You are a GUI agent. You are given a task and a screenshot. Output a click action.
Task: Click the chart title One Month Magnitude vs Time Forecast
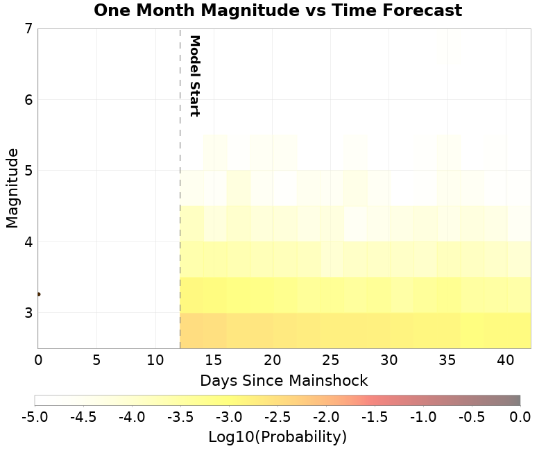(277, 10)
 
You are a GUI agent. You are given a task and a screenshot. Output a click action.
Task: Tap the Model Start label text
(195, 76)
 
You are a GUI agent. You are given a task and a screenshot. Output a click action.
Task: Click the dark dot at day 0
(38, 294)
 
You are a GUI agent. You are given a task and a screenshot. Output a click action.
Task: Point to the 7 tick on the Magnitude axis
(28, 29)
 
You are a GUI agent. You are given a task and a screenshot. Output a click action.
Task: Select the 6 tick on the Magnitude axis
(28, 100)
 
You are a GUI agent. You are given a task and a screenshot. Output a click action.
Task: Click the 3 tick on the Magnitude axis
(28, 313)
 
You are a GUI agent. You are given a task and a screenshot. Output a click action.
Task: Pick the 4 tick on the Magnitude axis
(28, 242)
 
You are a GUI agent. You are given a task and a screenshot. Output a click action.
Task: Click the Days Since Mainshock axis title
(284, 381)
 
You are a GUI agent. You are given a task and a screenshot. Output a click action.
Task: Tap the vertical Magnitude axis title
(12, 187)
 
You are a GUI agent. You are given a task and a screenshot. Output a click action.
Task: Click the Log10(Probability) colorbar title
(277, 437)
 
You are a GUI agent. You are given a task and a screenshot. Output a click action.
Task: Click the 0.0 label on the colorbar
(520, 417)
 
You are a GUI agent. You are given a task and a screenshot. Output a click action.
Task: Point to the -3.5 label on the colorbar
(180, 417)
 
